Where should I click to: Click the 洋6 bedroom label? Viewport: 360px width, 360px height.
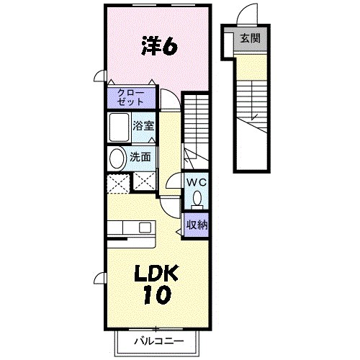tap(159, 47)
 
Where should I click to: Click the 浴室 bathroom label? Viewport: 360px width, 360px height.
tap(143, 126)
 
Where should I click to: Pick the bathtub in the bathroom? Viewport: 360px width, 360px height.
tap(119, 128)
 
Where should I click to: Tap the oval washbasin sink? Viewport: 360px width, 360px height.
tap(116, 158)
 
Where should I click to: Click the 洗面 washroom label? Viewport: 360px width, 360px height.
tap(140, 157)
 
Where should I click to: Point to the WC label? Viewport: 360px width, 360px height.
tap(197, 183)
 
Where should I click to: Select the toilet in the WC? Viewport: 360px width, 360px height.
tap(197, 199)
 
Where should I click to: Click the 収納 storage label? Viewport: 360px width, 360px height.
tap(197, 225)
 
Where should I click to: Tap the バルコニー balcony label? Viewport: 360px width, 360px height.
tap(158, 341)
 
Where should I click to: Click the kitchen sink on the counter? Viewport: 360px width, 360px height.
tap(144, 228)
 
